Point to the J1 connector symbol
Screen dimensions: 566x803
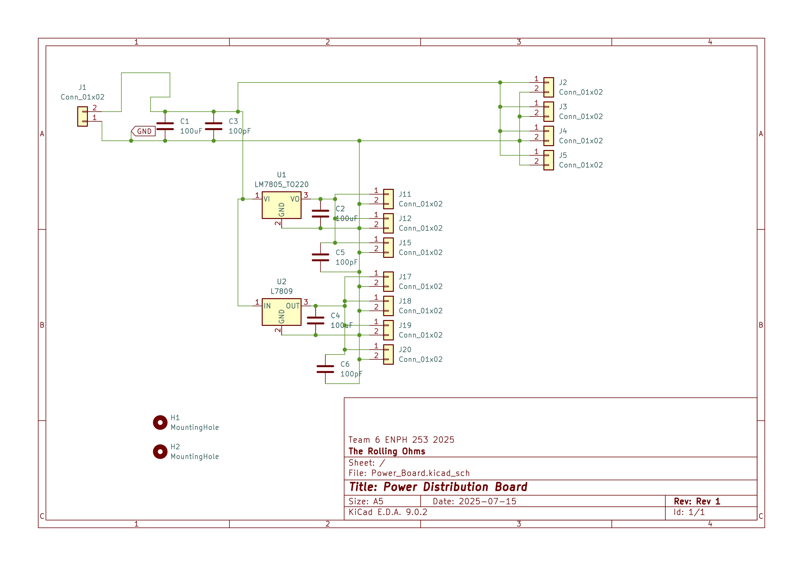pyautogui.click(x=83, y=117)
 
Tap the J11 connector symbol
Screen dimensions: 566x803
pyautogui.click(x=388, y=199)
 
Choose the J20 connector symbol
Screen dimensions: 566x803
pyautogui.click(x=388, y=354)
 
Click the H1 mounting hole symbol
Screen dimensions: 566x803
pyautogui.click(x=160, y=423)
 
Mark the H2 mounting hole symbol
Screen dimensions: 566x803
pyautogui.click(x=160, y=452)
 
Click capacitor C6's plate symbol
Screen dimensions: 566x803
pyautogui.click(x=325, y=369)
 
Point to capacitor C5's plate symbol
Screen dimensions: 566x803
pyautogui.click(x=320, y=257)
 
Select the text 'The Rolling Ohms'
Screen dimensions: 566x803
pyautogui.click(x=387, y=451)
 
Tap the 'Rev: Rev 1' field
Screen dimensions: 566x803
pyautogui.click(x=697, y=501)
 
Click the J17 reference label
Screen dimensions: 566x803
pyautogui.click(x=405, y=277)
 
